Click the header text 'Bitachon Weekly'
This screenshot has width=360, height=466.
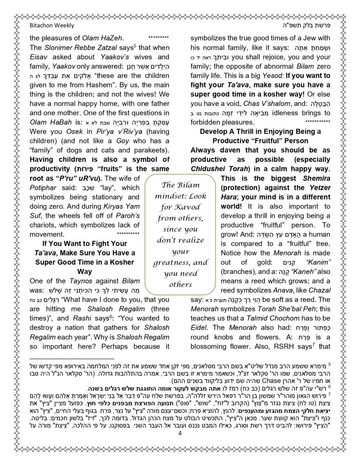(x=52, y=26)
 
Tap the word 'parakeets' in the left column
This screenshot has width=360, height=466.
(x=148, y=150)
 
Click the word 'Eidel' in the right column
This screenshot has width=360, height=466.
(x=200, y=327)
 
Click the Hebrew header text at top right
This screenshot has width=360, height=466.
(x=306, y=26)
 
